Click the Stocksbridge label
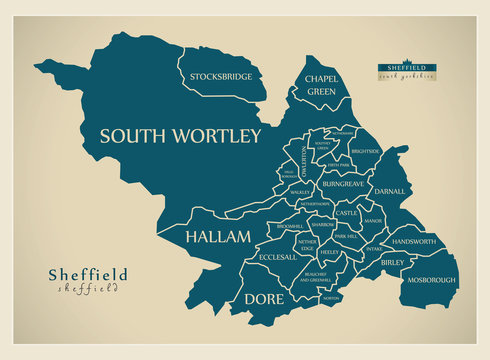click(220, 76)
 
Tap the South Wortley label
click(181, 135)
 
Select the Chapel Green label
click(321, 84)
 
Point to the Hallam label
click(211, 237)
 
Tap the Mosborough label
click(431, 280)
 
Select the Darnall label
click(389, 191)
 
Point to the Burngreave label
click(344, 185)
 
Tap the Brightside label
click(366, 151)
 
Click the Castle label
click(346, 213)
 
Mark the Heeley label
click(330, 254)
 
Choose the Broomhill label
click(288, 227)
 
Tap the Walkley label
click(300, 189)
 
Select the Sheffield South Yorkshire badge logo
click(405, 70)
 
